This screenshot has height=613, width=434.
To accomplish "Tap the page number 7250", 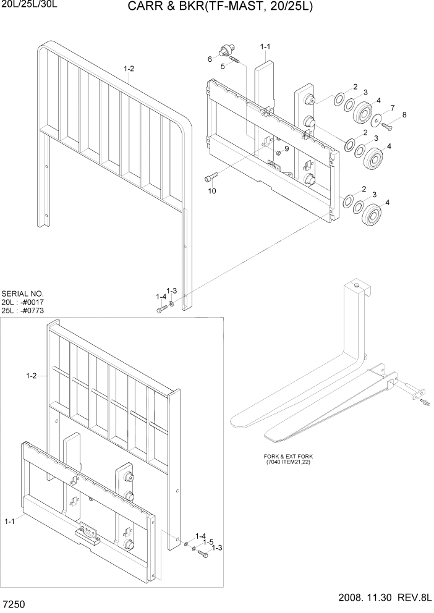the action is click(14, 601).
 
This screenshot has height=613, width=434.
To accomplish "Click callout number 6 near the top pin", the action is click(210, 59).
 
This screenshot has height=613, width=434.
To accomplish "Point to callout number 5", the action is click(223, 67).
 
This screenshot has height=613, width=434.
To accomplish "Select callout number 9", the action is click(286, 148).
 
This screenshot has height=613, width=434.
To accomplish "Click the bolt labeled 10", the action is click(209, 177).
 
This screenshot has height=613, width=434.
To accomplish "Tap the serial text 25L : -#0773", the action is click(23, 310).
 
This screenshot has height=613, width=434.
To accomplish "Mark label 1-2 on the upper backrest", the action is click(129, 69).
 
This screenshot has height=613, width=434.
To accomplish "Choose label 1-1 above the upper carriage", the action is click(266, 46).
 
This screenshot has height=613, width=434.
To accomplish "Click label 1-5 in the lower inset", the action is click(208, 541).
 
